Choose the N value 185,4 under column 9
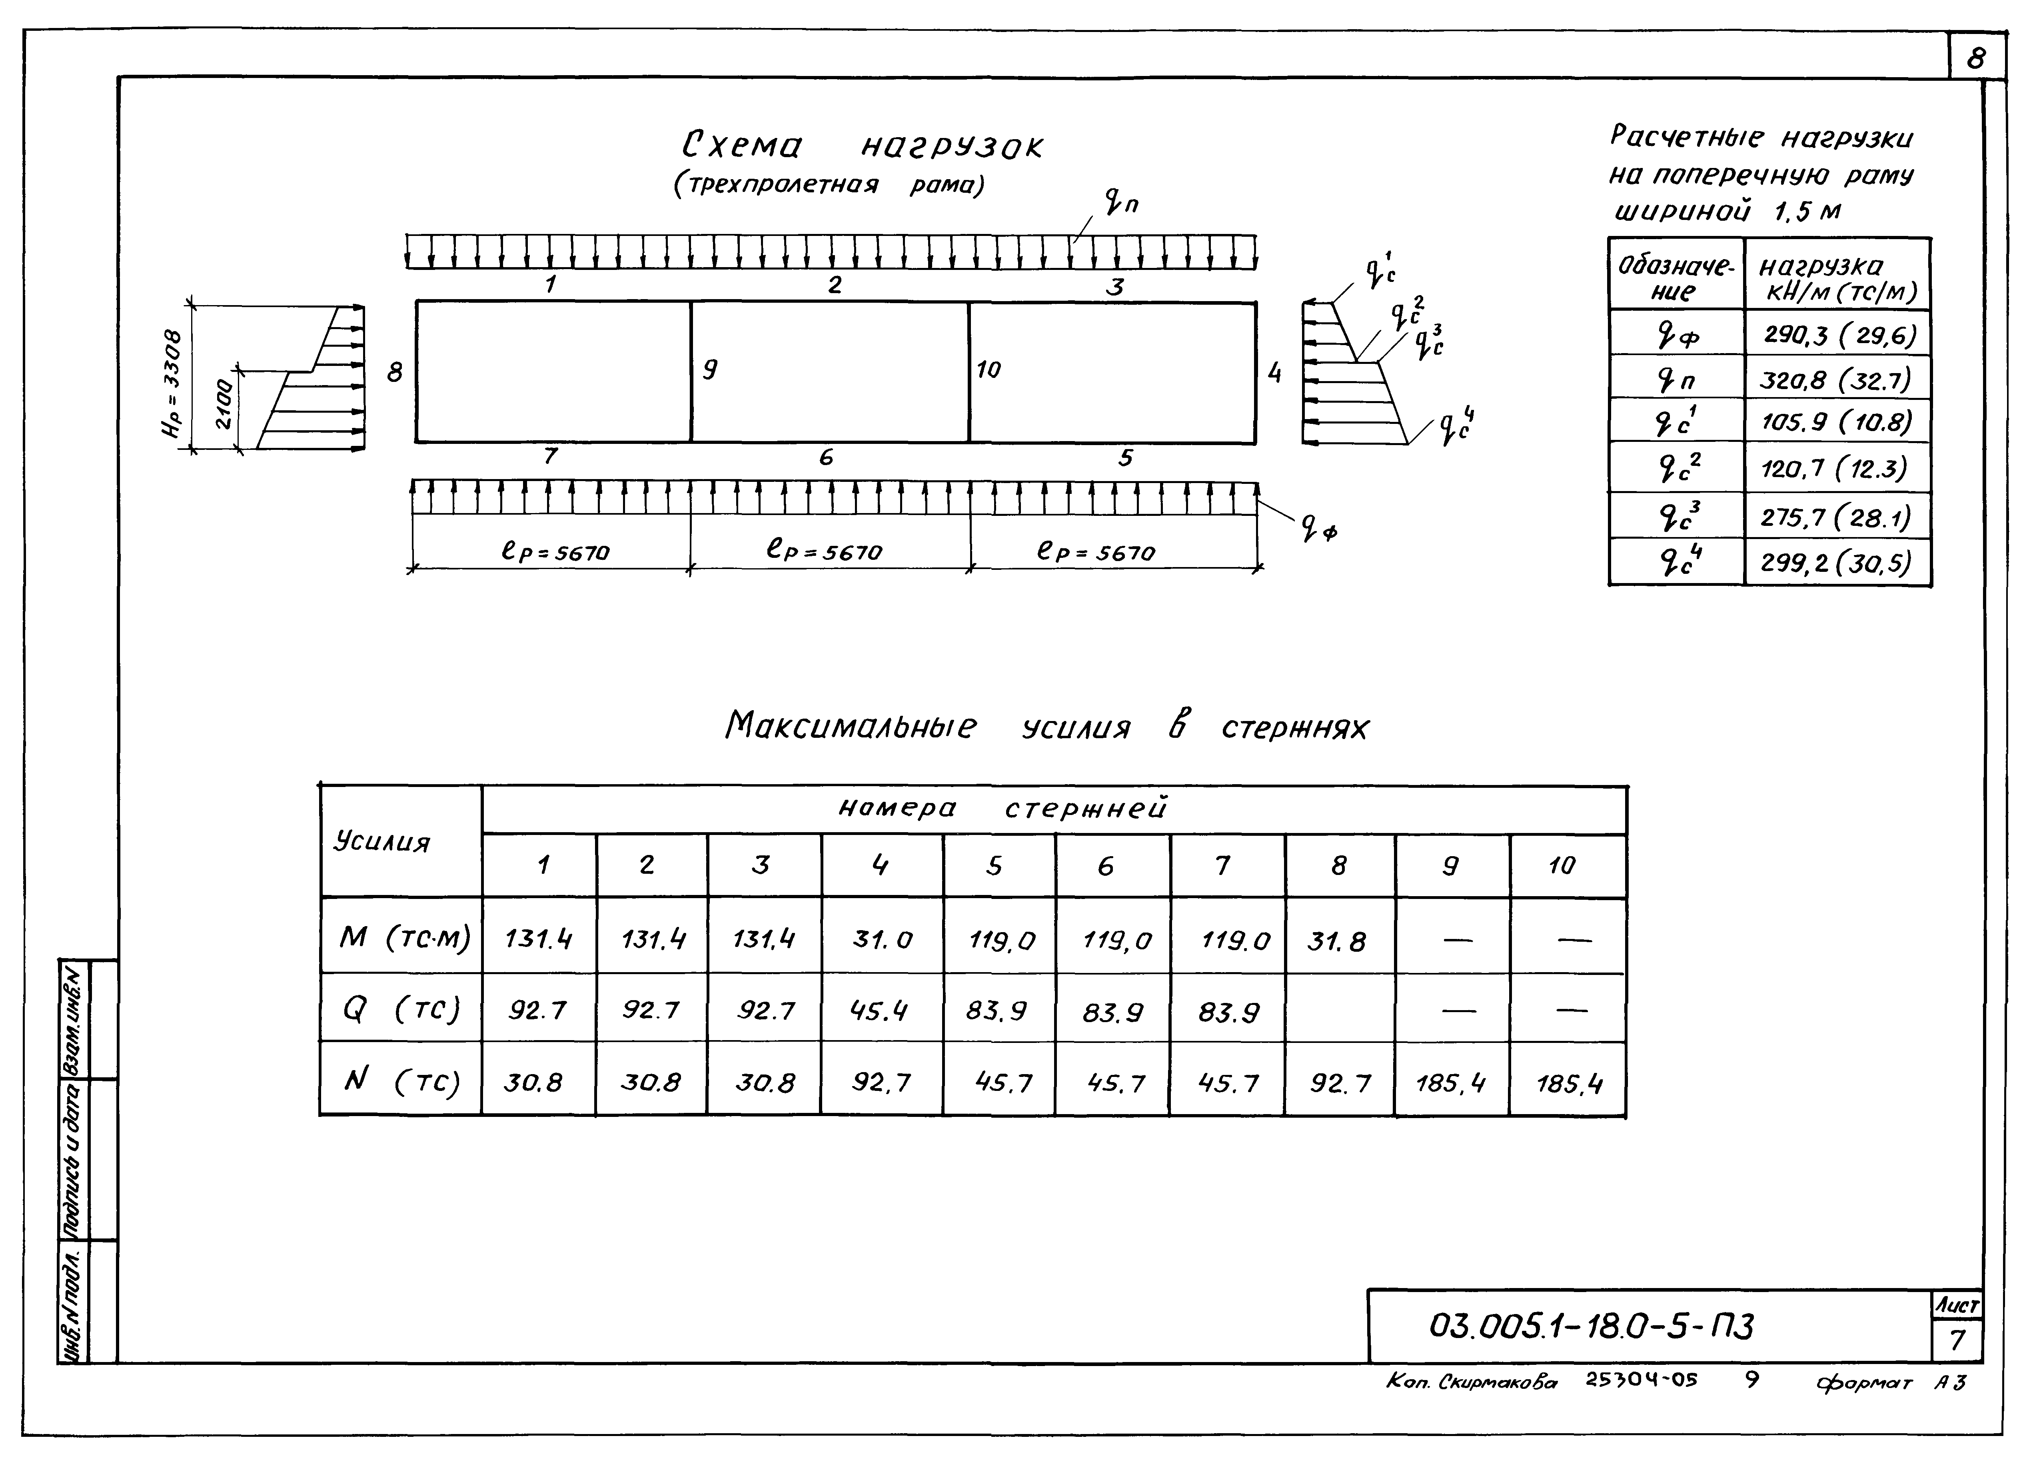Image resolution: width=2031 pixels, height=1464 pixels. [x=1451, y=1083]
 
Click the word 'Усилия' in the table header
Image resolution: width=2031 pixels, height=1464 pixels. [x=382, y=842]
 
